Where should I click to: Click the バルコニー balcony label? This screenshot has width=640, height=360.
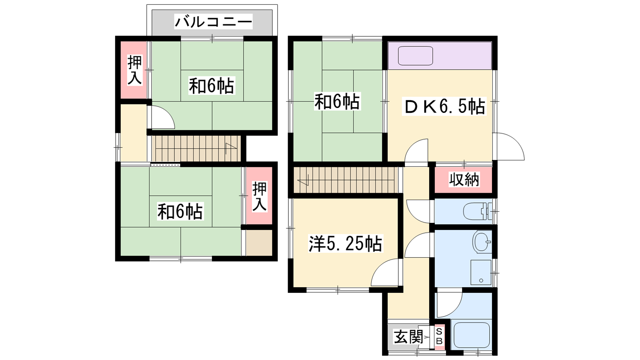(x=214, y=22)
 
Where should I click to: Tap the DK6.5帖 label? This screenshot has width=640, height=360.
(x=444, y=106)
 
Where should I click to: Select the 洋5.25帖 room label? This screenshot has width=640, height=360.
(x=345, y=244)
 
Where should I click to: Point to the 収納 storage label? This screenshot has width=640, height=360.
(x=464, y=180)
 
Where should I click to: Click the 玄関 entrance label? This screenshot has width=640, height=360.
(x=408, y=337)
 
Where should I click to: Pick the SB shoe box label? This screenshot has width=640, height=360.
(x=440, y=336)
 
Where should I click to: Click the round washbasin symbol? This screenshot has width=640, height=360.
(x=482, y=242)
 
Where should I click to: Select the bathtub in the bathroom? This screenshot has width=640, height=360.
(x=472, y=336)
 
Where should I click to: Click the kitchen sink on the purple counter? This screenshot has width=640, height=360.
(x=416, y=56)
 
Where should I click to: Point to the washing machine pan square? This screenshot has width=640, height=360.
(x=481, y=272)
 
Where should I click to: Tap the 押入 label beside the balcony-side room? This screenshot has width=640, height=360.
(x=134, y=70)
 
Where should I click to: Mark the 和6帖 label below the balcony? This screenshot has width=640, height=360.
(x=212, y=86)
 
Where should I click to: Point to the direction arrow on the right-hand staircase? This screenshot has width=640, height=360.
(x=303, y=180)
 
